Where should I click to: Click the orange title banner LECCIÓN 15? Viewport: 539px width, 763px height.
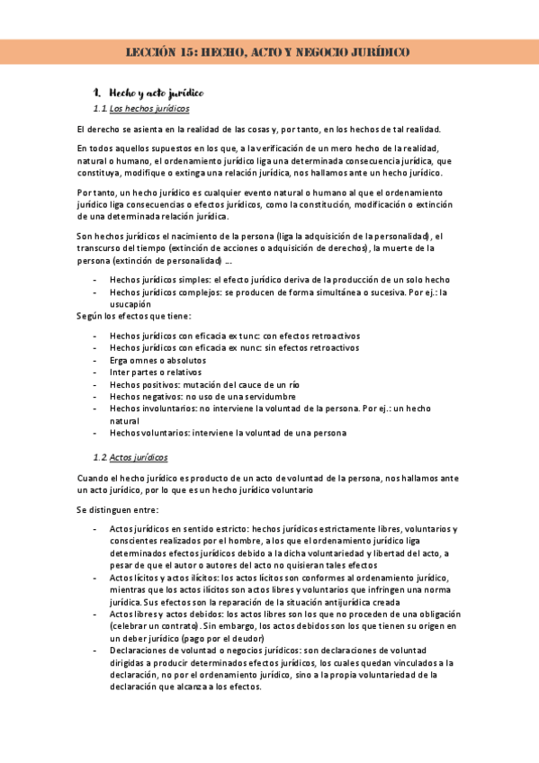coord(269,52)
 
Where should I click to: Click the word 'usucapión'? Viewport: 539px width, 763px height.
coord(132,304)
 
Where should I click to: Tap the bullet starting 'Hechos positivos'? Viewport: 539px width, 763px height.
coord(204,384)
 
